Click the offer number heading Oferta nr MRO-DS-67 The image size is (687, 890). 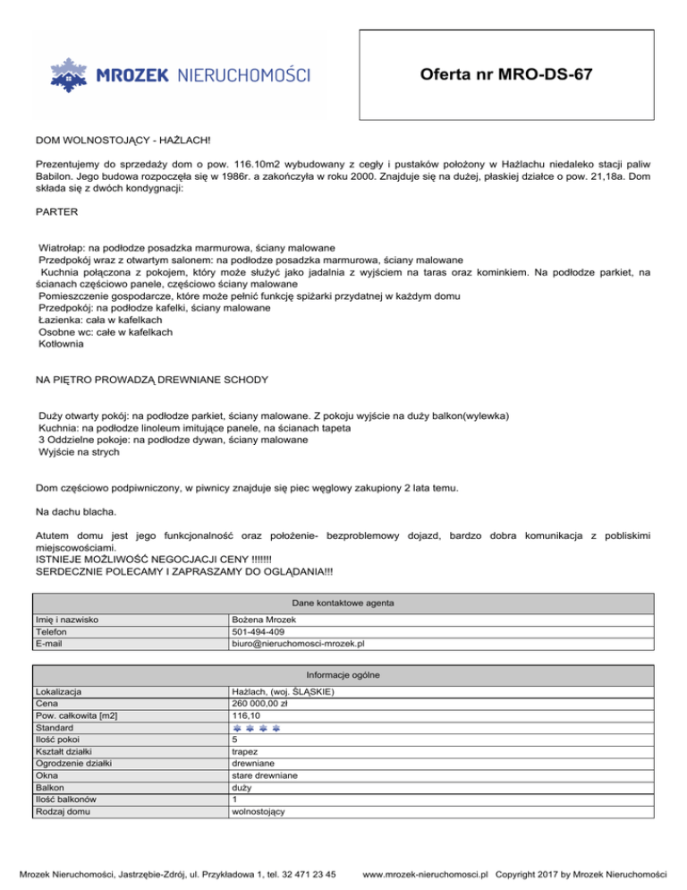(505, 74)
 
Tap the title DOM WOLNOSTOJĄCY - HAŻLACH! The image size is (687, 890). (123, 141)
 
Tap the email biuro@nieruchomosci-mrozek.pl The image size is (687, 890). (298, 643)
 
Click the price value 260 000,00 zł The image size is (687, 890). (259, 704)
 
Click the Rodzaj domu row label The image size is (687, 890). (64, 811)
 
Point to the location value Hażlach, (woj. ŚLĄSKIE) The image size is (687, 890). (283, 692)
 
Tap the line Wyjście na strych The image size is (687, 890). (79, 453)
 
